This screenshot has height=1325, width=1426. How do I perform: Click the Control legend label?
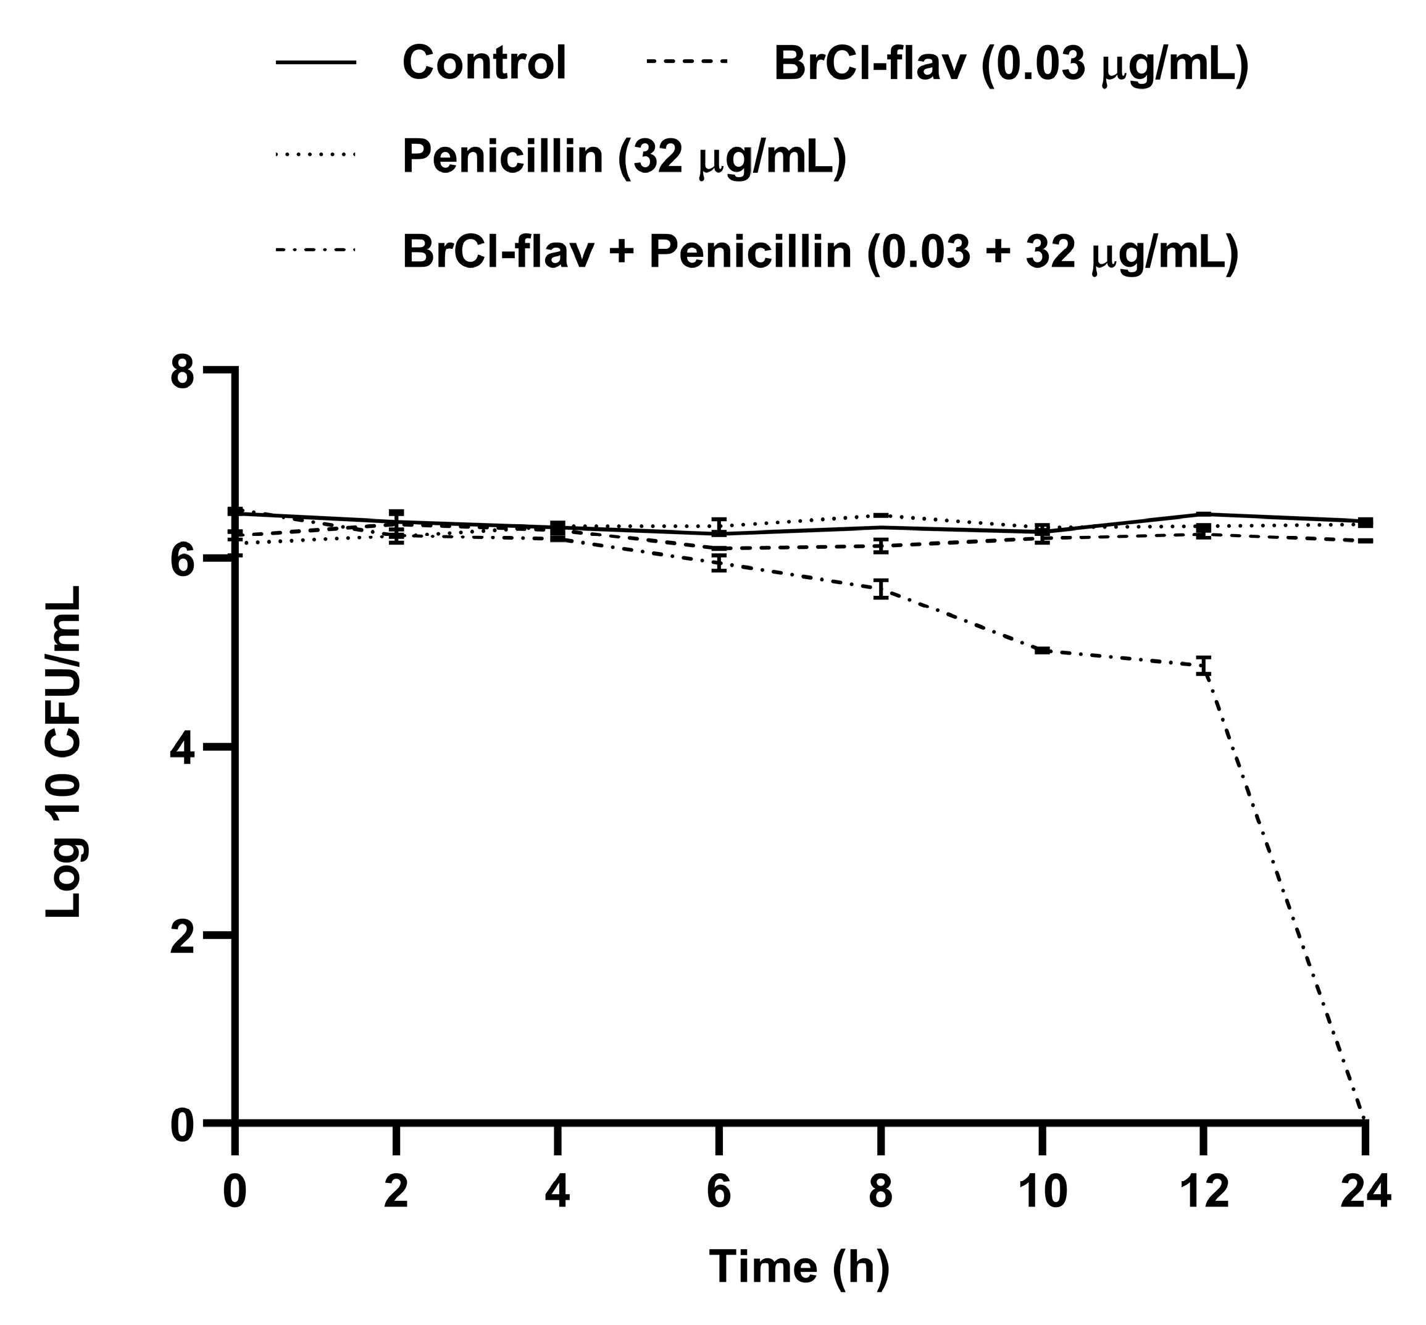coord(484,63)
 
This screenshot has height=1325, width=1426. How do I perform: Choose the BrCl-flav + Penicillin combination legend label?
coord(820,253)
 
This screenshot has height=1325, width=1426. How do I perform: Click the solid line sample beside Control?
coord(315,63)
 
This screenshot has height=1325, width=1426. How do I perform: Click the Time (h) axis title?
coord(799,1267)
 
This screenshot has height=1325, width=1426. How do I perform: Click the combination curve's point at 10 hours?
coord(1043,650)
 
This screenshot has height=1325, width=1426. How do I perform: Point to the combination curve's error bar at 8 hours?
coord(881,588)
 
